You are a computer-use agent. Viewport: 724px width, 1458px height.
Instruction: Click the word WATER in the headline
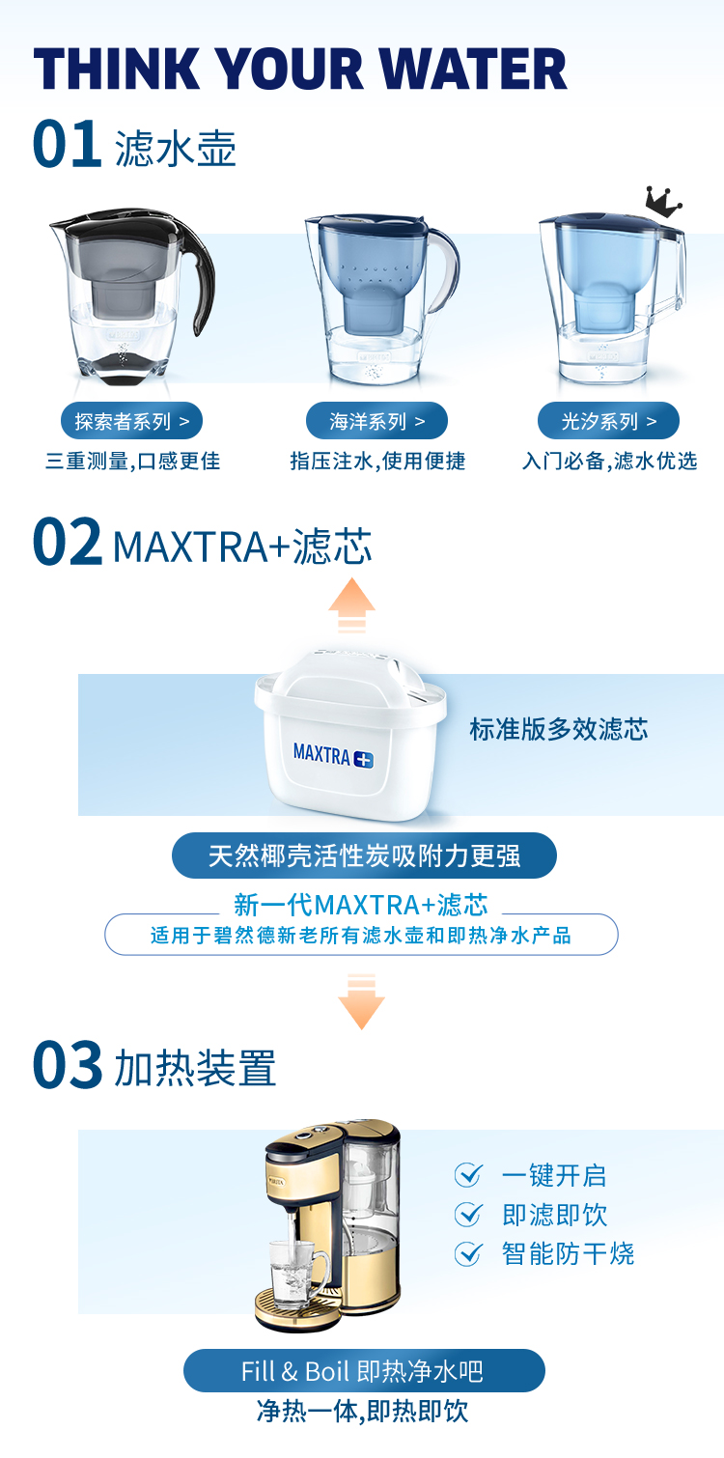coord(473,69)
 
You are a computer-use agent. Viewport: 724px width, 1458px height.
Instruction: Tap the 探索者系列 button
coord(131,421)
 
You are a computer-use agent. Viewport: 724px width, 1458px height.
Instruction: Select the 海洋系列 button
coord(376,421)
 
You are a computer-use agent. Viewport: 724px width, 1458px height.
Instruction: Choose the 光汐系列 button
coord(608,421)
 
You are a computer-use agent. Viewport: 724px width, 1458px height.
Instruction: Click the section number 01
coord(67,144)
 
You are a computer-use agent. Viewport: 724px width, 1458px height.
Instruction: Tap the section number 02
coord(67,541)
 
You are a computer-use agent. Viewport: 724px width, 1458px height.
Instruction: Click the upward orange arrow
coord(351,604)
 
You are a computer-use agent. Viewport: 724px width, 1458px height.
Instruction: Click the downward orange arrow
coord(361,1001)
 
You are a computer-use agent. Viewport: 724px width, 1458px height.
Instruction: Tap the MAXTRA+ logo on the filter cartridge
coord(333,756)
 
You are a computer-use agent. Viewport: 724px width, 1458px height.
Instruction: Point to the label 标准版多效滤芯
coord(559,729)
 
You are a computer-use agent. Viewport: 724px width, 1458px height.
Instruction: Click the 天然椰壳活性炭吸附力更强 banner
coord(364,855)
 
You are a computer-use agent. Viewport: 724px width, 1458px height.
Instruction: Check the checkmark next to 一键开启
coord(468,1175)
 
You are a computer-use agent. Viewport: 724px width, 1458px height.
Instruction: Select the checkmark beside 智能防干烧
coord(468,1253)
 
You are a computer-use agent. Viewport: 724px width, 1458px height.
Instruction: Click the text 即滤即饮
coord(555,1215)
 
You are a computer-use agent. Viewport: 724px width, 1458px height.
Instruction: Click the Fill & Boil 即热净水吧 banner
coord(364,1371)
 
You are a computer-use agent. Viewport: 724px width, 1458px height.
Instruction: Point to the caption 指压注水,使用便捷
coord(378,461)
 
